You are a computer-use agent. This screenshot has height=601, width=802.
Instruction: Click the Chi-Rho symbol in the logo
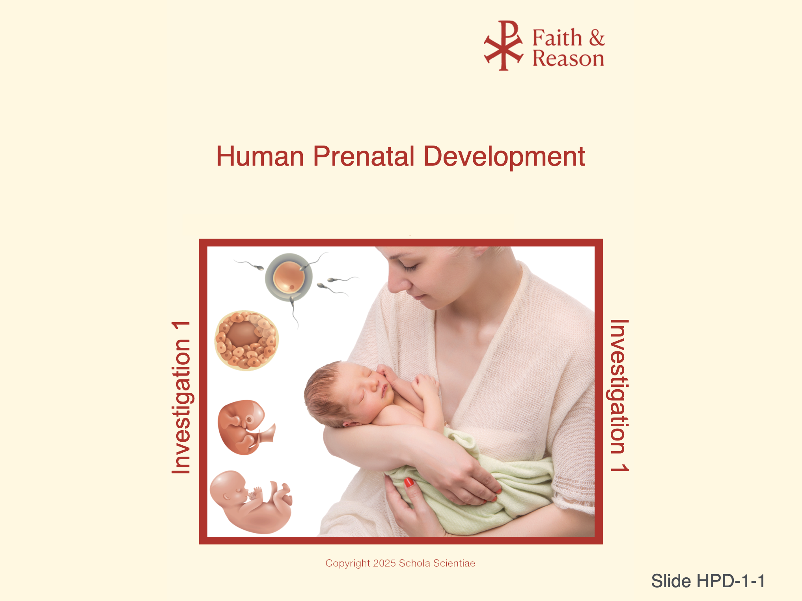504,45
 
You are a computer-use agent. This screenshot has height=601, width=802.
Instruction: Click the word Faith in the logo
557,38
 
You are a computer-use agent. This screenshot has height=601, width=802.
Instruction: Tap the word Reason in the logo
568,58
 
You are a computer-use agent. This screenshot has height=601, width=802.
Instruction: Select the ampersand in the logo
597,38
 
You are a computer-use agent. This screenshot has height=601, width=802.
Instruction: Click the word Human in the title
260,156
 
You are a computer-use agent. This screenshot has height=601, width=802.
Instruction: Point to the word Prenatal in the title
364,156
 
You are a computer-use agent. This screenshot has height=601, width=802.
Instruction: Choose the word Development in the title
504,157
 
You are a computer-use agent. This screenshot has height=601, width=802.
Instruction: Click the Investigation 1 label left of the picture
181,398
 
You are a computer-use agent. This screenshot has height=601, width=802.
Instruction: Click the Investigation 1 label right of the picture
619,395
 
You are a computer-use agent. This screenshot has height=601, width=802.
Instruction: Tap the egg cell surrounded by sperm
289,277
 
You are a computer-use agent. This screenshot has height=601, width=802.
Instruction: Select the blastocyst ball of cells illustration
246,340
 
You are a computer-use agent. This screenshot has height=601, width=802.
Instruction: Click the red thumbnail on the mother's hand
409,482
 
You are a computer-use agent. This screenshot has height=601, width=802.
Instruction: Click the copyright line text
400,563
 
